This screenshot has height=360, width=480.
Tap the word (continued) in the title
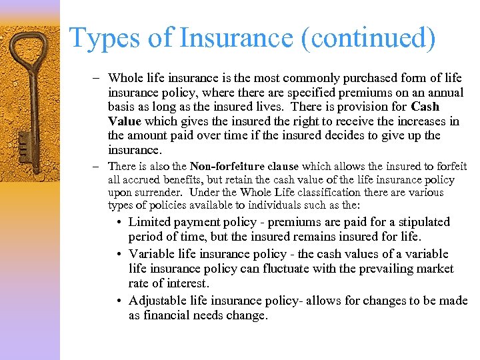click(369, 38)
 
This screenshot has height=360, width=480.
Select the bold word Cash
click(425, 107)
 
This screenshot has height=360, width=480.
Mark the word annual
click(444, 92)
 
